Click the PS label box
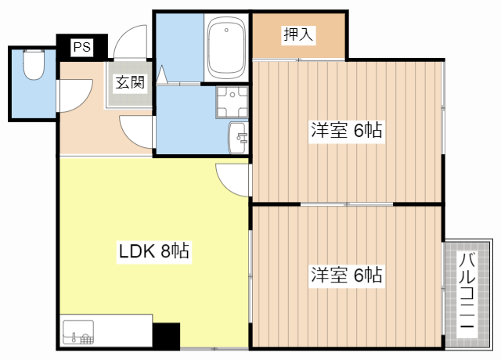coord(81,48)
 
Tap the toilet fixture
coord(33,66)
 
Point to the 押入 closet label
coord(297,34)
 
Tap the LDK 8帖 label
coord(153,252)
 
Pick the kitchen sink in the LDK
coord(77,333)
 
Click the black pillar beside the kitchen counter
coord(166,336)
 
